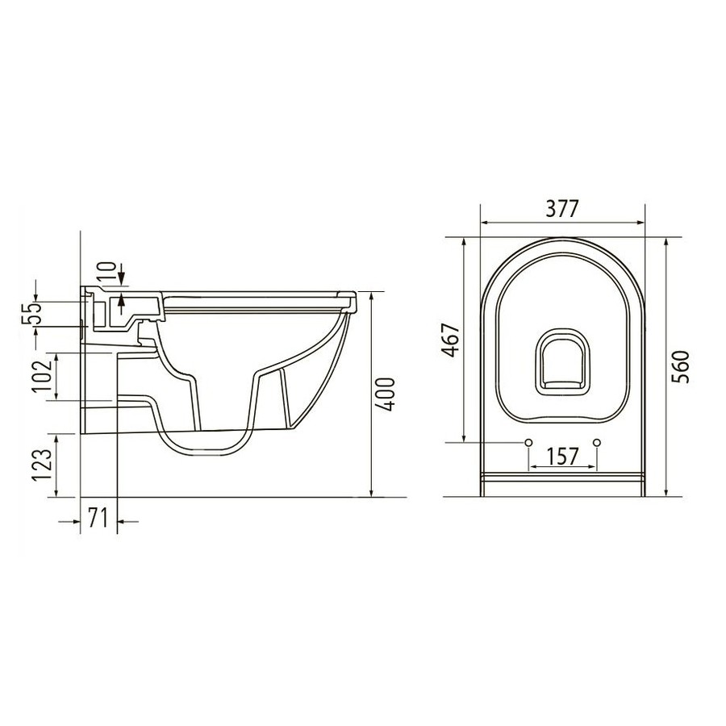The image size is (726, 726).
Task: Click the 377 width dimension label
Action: (x=561, y=207)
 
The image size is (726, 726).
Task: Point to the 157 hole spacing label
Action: (x=562, y=456)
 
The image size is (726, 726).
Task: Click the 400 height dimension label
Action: (x=387, y=394)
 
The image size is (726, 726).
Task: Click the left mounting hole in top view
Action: (x=528, y=442)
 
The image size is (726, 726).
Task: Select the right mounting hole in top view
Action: (x=597, y=442)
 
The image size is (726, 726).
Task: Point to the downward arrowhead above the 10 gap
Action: (x=120, y=282)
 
